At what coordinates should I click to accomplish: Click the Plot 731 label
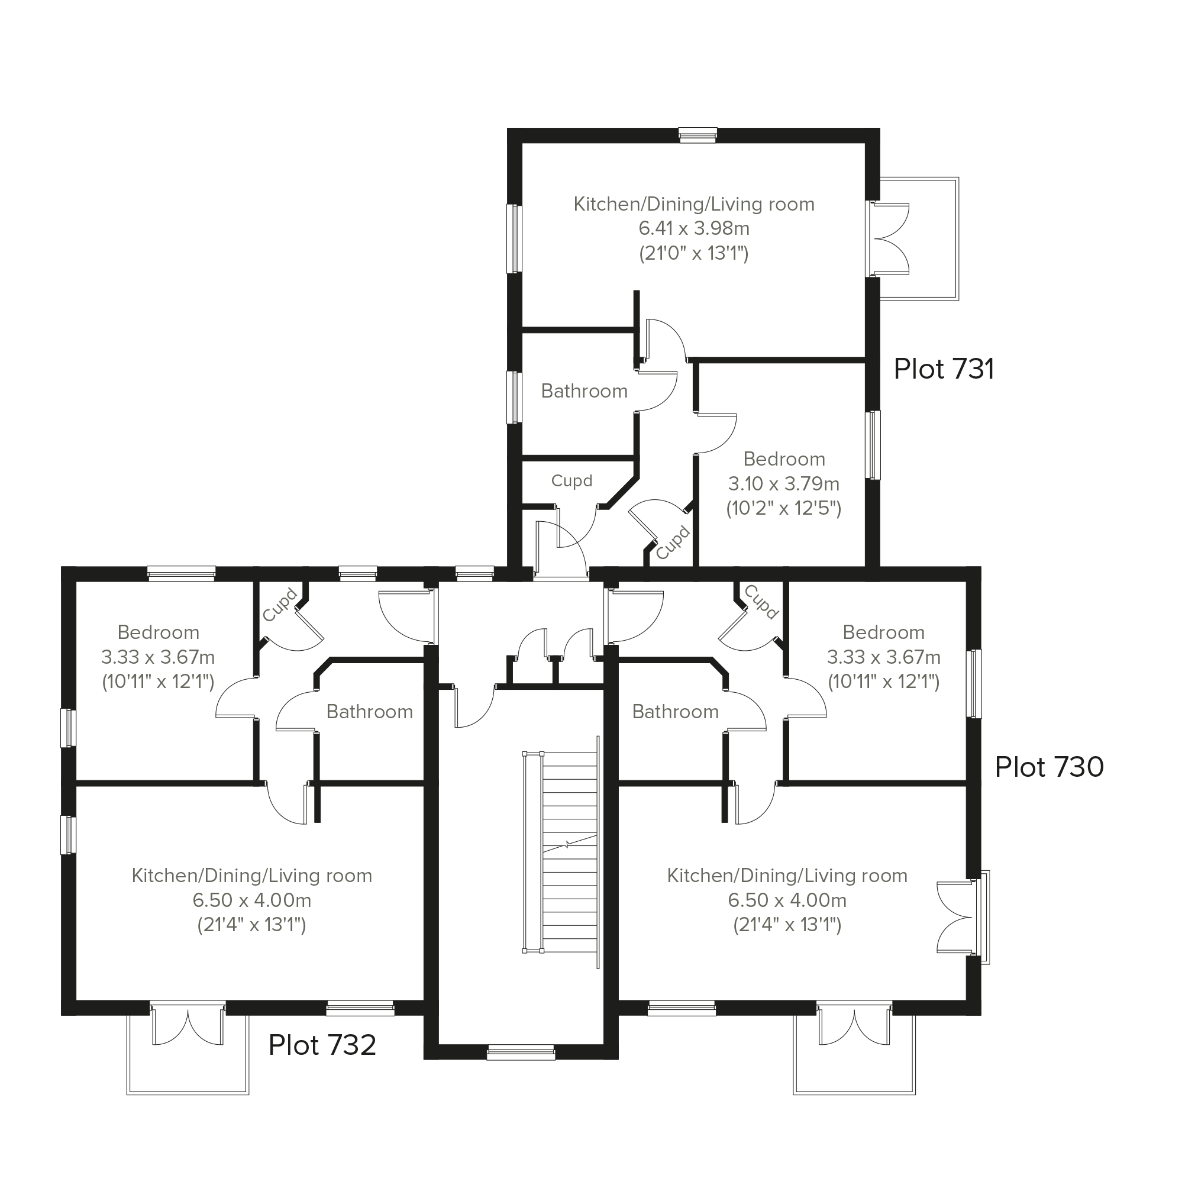point(944,369)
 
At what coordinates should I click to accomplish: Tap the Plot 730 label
point(1049,767)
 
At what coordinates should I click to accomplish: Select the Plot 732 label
point(322,1045)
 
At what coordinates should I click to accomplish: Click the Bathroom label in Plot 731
point(584,390)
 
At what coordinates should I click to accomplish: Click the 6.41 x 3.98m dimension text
point(694,228)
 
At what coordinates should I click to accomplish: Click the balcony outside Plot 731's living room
point(919,239)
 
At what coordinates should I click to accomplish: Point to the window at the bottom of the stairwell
point(521,1052)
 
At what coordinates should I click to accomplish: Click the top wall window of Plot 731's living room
point(698,135)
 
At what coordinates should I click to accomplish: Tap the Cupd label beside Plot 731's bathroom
point(571,480)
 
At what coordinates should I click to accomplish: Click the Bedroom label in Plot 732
point(158,632)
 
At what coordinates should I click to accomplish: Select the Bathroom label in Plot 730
point(675,711)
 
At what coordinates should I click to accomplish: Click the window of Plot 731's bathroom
point(515,398)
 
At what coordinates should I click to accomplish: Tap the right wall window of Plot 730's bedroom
point(974,683)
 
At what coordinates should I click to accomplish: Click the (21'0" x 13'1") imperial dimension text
point(694,253)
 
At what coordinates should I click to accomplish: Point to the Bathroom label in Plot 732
point(370,711)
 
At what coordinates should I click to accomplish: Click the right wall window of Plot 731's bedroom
point(873,445)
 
